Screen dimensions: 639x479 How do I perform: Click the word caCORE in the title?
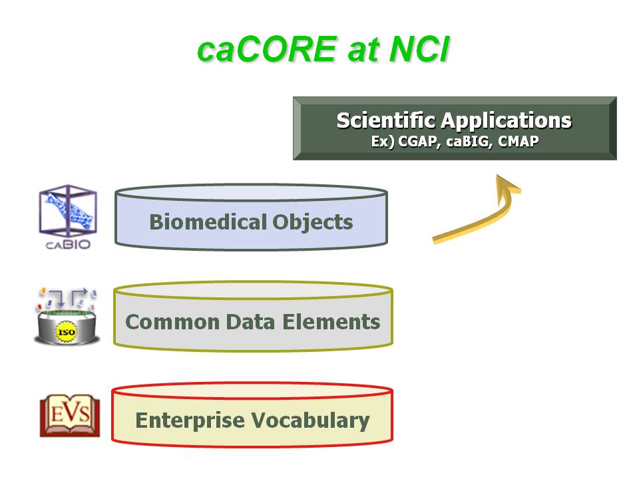[268, 49]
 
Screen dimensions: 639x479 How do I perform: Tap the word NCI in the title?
[419, 49]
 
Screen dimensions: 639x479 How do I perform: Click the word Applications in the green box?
[506, 121]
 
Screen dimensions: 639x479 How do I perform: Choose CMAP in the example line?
[518, 141]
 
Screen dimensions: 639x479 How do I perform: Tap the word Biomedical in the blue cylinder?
[208, 222]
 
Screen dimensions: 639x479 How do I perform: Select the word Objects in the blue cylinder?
[313, 223]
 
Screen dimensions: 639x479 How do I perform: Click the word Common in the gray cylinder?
[172, 322]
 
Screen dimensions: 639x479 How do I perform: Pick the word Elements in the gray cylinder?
[331, 322]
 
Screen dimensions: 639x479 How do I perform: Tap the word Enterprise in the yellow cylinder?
[190, 420]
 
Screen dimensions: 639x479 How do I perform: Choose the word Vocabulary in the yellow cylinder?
[310, 420]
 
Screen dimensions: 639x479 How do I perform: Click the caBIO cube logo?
[68, 211]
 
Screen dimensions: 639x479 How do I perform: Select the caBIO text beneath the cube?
[68, 244]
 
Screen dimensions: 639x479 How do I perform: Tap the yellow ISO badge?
[67, 332]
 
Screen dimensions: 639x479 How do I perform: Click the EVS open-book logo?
[70, 415]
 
